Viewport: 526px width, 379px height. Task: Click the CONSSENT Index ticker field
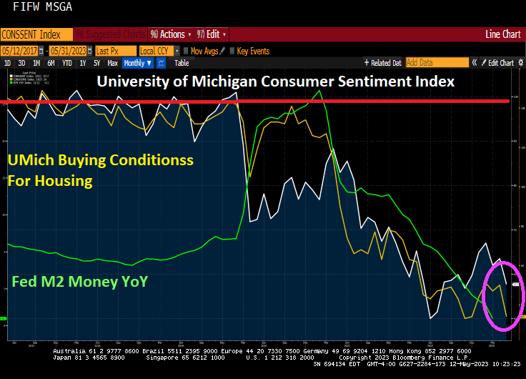coord(36,34)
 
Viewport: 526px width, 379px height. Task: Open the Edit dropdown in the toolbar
coord(214,34)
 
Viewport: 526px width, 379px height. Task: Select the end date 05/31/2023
coord(69,51)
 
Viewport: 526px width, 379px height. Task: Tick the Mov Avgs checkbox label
coord(204,51)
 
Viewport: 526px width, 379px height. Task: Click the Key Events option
coord(253,51)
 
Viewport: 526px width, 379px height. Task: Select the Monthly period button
coord(137,63)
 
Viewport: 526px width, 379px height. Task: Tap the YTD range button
coord(67,63)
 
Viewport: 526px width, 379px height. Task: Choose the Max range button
coord(112,63)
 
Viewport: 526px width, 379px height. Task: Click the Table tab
coord(182,63)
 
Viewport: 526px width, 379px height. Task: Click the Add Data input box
coord(432,63)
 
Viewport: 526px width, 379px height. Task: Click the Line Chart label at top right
coord(502,34)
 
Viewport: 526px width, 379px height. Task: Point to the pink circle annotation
coord(505,296)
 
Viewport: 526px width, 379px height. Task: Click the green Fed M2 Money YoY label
coord(79,282)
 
